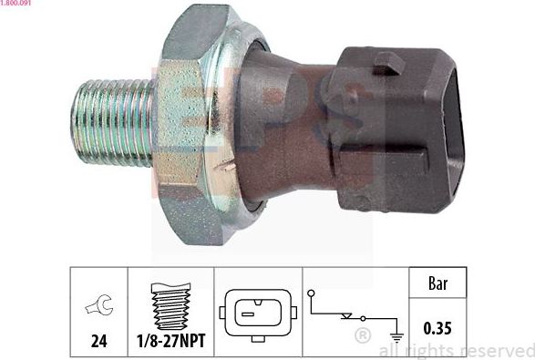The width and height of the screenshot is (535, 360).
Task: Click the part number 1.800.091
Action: tap(17, 5)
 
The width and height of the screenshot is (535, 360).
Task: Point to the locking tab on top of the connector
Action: tap(389, 62)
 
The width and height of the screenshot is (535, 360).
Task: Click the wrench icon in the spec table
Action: tap(98, 307)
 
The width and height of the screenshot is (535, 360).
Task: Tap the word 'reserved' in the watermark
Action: tap(491, 351)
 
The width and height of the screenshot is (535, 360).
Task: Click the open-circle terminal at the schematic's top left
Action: tap(312, 293)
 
